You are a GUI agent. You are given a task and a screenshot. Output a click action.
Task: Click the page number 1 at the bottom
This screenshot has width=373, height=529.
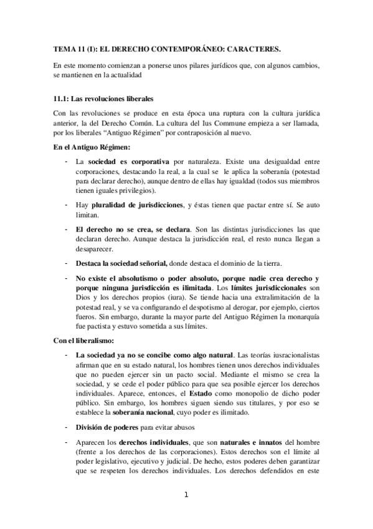(186, 495)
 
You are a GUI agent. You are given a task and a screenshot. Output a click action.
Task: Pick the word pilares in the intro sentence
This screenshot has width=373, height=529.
(181, 66)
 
